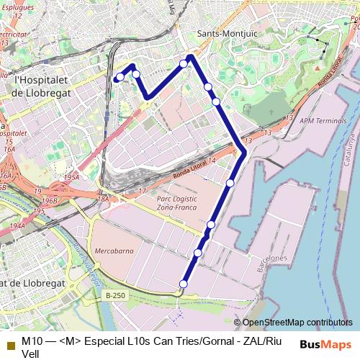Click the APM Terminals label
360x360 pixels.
click(x=323, y=121)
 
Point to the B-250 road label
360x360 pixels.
click(x=115, y=295)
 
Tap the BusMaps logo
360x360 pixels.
click(x=325, y=344)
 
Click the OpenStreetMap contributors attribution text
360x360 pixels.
click(x=297, y=323)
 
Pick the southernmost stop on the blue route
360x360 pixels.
click(x=184, y=284)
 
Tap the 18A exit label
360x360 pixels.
click(x=103, y=198)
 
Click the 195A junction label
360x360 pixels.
click(x=71, y=176)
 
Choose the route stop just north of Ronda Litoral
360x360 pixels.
click(x=216, y=102)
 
